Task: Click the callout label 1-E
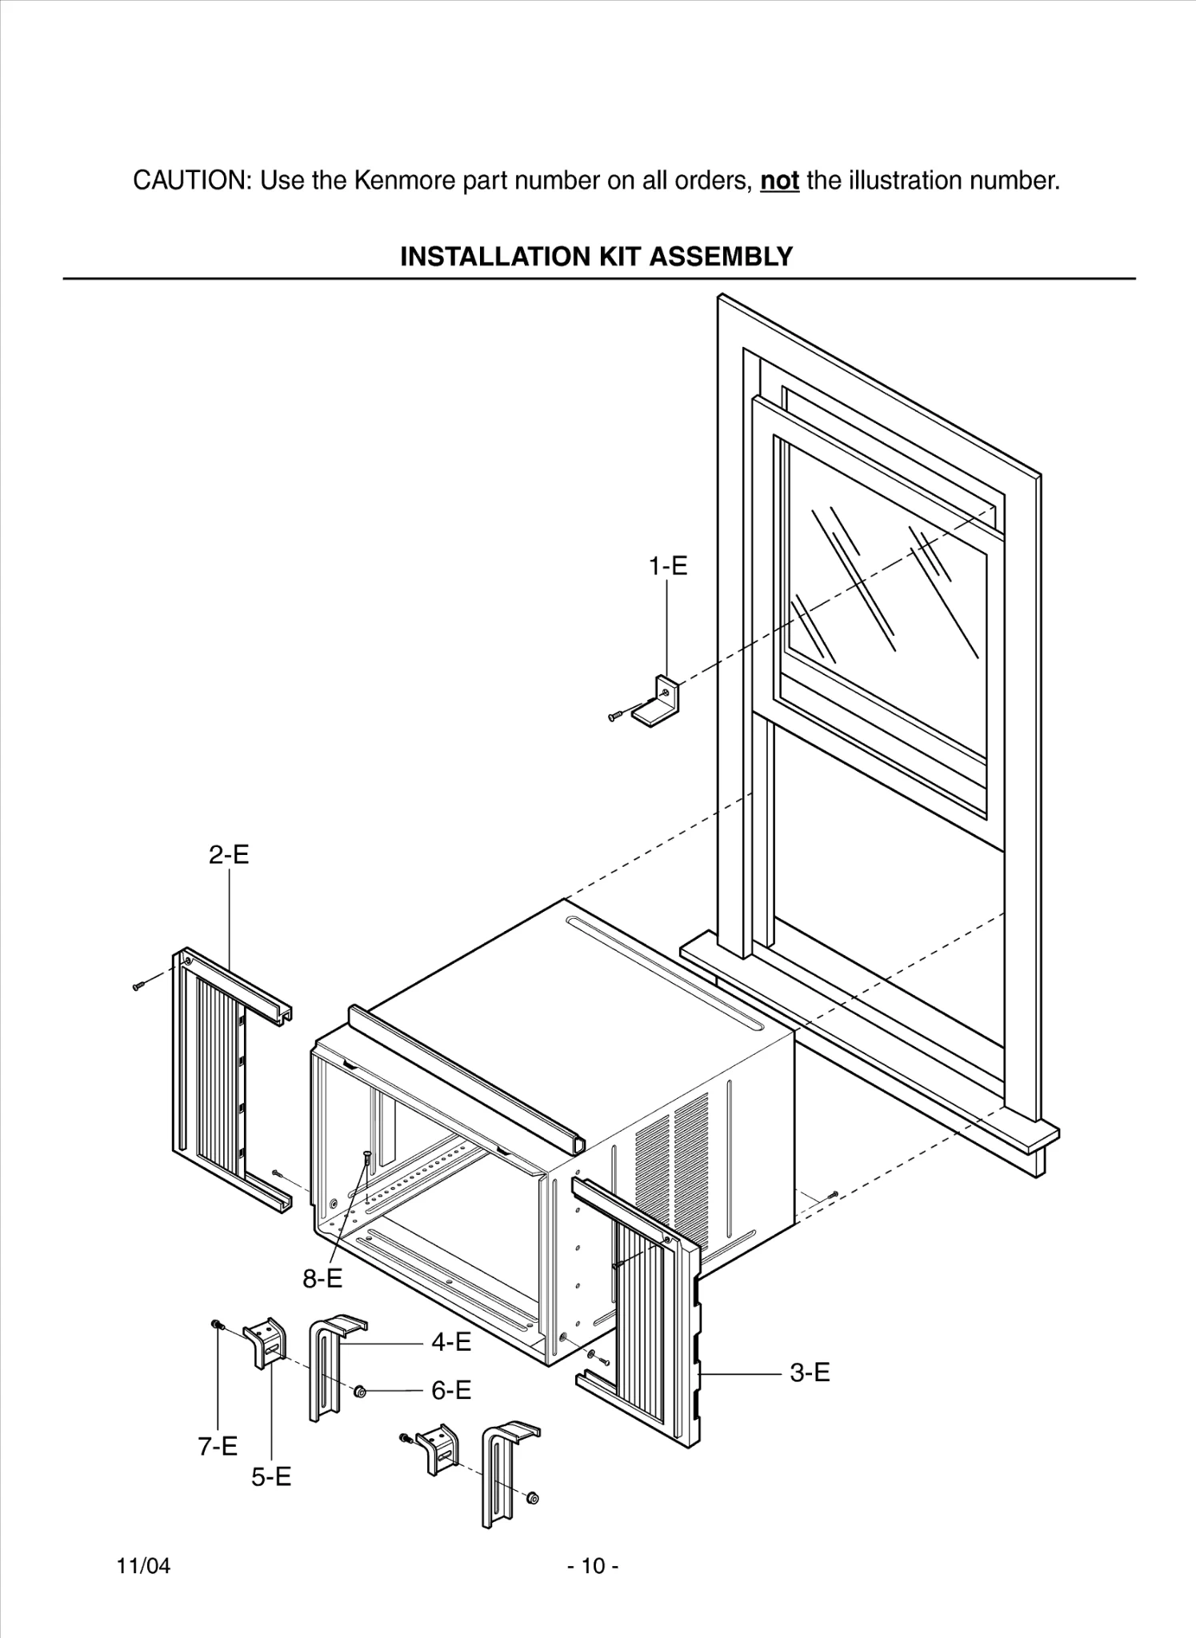pyautogui.click(x=667, y=566)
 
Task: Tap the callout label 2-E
pyautogui.click(x=229, y=855)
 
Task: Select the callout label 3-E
pyautogui.click(x=810, y=1372)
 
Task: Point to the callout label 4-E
pyautogui.click(x=451, y=1341)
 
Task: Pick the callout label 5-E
pyautogui.click(x=271, y=1476)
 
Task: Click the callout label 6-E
pyautogui.click(x=451, y=1390)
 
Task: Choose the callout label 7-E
pyautogui.click(x=218, y=1446)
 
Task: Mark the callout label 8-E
pyautogui.click(x=322, y=1279)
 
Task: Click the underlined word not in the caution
pyautogui.click(x=779, y=181)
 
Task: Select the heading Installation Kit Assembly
pyautogui.click(x=596, y=257)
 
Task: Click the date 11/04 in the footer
pyautogui.click(x=143, y=1565)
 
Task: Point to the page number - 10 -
pyautogui.click(x=593, y=1565)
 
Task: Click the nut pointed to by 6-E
pyautogui.click(x=360, y=1392)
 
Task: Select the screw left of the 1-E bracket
pyautogui.click(x=616, y=716)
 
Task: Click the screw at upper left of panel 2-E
pyautogui.click(x=138, y=986)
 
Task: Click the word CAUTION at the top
pyautogui.click(x=192, y=181)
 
